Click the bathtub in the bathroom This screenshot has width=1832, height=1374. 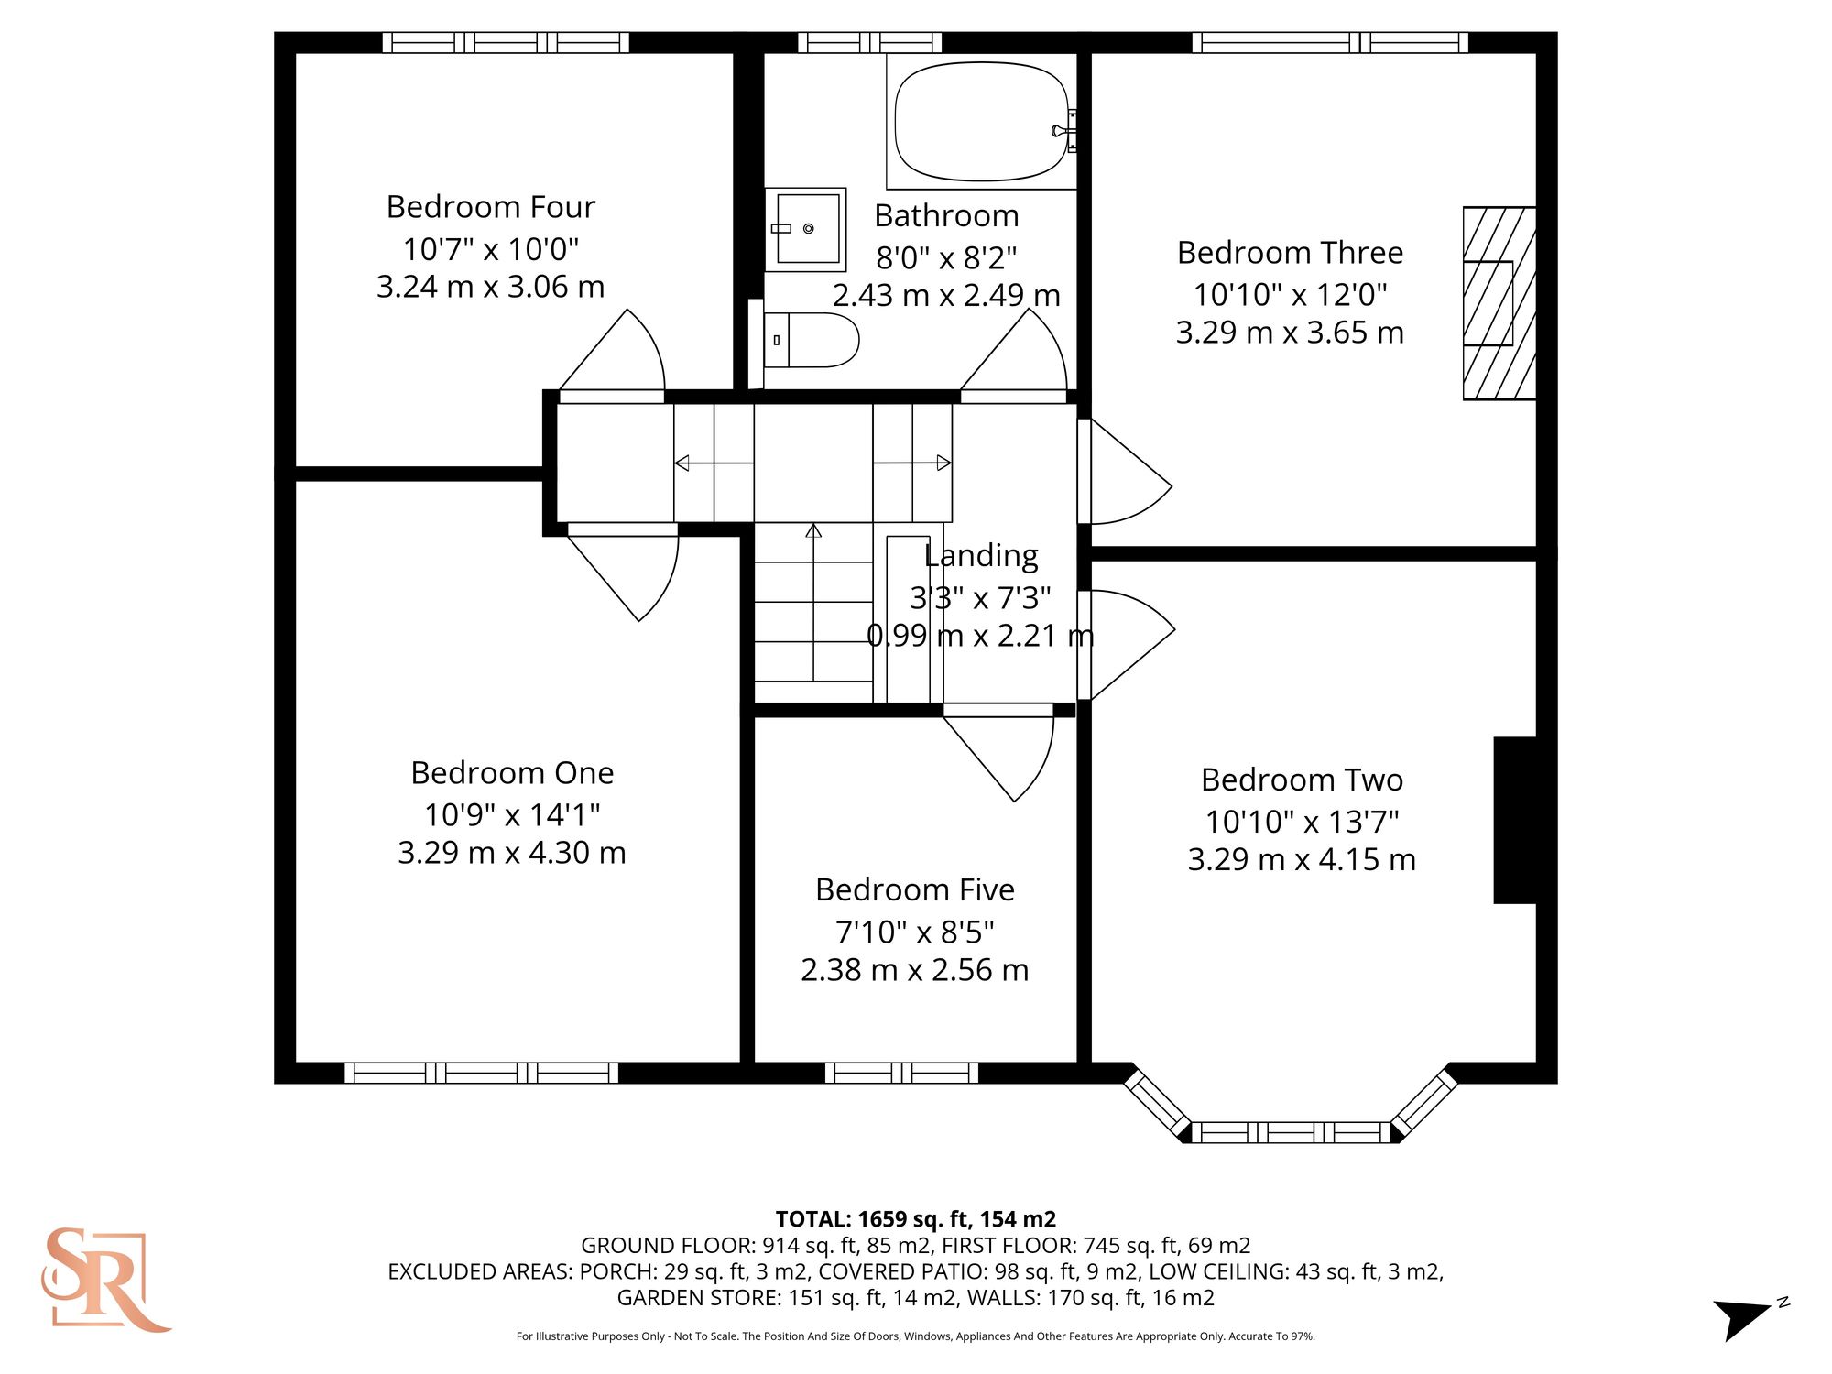(x=981, y=122)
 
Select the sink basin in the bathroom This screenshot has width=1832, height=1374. (x=806, y=229)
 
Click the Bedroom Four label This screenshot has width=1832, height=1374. (x=491, y=207)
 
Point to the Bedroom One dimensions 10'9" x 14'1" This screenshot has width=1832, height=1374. (x=512, y=814)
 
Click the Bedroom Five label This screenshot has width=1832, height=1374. (x=915, y=889)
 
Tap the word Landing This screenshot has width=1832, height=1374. (x=981, y=555)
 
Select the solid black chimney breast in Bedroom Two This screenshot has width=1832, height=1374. (x=1515, y=820)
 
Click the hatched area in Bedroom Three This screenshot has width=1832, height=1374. (x=1499, y=303)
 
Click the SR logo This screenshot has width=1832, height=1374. (x=104, y=1280)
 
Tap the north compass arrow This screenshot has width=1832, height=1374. (x=1745, y=1317)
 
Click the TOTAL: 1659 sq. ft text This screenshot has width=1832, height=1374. (x=915, y=1219)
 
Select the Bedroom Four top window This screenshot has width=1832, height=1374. (x=506, y=42)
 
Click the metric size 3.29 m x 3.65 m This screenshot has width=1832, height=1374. (x=1290, y=333)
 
